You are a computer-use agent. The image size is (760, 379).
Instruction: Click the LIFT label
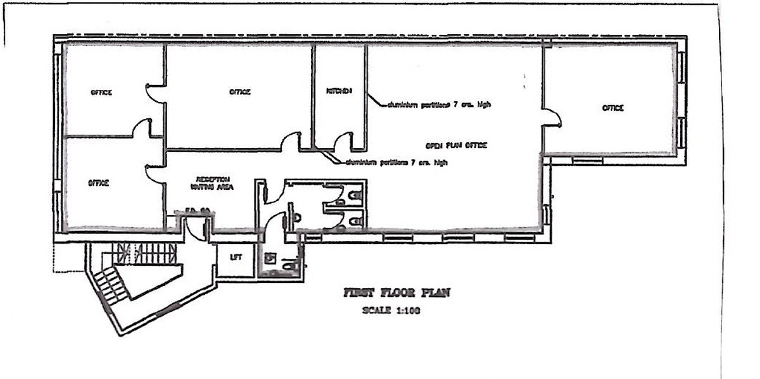point(236,258)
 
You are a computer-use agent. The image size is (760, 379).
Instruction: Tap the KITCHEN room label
point(339,91)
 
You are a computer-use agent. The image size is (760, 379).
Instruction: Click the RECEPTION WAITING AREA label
point(212,183)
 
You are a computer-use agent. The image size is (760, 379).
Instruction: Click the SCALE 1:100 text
point(391,310)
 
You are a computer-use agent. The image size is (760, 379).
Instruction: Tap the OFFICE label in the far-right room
point(612,108)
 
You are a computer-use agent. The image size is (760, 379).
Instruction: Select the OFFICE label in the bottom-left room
point(99,183)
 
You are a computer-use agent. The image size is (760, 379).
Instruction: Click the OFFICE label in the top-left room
point(101,92)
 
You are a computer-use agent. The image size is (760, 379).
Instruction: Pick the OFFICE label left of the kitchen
point(239,92)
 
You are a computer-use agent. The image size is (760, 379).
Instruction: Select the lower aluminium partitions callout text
point(396,163)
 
